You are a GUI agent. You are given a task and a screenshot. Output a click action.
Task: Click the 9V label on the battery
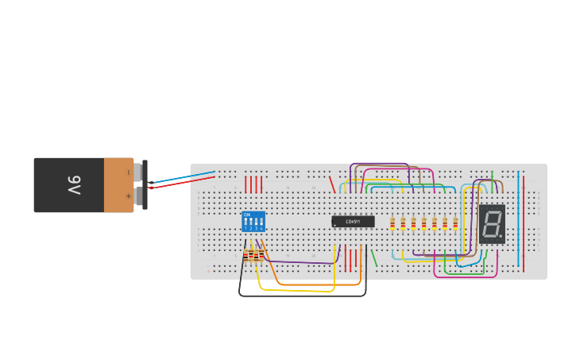click(x=74, y=185)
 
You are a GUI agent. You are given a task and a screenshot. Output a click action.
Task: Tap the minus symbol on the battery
click(x=128, y=172)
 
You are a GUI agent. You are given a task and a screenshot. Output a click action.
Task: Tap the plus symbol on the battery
click(x=128, y=195)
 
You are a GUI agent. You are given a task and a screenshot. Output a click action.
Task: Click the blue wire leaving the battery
click(x=183, y=177)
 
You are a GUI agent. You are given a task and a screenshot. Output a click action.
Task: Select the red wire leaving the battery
click(x=183, y=184)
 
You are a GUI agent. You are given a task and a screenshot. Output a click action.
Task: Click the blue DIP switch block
click(x=253, y=222)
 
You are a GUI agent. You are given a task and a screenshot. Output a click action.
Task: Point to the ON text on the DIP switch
click(x=247, y=215)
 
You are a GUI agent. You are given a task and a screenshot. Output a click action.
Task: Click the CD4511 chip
click(x=353, y=222)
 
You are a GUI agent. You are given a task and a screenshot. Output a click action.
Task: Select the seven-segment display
click(x=492, y=223)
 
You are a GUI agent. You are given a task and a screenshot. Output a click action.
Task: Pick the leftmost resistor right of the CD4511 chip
click(x=392, y=223)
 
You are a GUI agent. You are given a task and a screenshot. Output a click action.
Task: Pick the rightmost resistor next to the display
click(x=455, y=223)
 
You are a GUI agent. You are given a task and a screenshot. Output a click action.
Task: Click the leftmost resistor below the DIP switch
click(x=246, y=255)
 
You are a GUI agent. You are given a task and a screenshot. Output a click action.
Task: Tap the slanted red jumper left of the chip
click(x=332, y=184)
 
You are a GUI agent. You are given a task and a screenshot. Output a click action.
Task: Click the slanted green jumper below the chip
click(x=374, y=257)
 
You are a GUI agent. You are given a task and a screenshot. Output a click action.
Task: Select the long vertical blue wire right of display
click(x=518, y=219)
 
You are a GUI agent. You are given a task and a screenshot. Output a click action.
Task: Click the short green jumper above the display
click(x=492, y=175)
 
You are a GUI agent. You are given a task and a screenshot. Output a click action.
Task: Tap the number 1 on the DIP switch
click(x=246, y=229)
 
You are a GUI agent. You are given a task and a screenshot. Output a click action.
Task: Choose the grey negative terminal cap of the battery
click(x=137, y=172)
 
